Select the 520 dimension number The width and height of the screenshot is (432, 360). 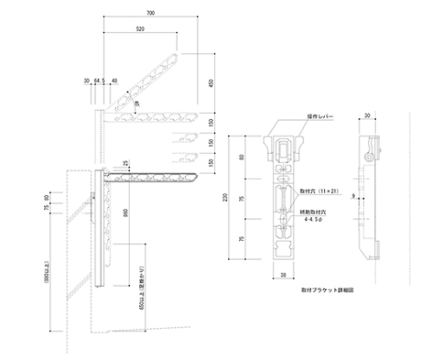(x=140, y=29)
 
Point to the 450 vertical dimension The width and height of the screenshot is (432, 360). (x=210, y=83)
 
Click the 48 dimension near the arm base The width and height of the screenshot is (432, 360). (x=115, y=82)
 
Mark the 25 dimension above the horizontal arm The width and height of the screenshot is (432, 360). (x=126, y=164)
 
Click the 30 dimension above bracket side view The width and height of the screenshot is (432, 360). (x=367, y=115)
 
